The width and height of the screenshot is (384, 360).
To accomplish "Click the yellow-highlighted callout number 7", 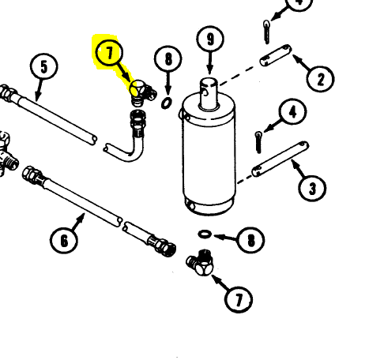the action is (109, 53).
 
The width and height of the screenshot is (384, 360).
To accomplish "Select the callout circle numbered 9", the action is (210, 39).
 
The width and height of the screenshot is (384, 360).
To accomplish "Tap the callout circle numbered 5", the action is (43, 66).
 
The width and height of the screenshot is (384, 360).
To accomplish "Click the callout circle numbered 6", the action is (64, 240).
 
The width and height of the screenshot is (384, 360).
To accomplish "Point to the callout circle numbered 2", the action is (321, 79).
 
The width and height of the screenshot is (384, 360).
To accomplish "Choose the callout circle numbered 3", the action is (312, 189).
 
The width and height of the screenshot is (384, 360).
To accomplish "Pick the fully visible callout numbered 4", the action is (292, 112).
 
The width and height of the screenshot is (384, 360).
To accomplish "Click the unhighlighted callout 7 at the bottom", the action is (239, 300).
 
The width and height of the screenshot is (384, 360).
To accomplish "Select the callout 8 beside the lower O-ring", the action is (250, 240).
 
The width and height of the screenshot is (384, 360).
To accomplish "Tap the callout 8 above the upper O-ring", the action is (168, 59).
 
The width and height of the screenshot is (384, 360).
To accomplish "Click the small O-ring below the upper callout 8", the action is (167, 103).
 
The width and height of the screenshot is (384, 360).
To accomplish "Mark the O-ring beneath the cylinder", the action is (205, 234).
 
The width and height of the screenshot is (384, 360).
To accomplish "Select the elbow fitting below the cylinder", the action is (201, 263).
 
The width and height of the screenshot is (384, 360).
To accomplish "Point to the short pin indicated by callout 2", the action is (276, 55).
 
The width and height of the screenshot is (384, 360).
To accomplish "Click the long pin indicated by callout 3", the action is (280, 159).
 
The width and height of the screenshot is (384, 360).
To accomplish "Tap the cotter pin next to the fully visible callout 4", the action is (258, 142).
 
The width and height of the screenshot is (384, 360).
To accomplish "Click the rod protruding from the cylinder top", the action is (209, 94).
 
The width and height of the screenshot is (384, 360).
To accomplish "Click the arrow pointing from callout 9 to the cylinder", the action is (210, 63).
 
